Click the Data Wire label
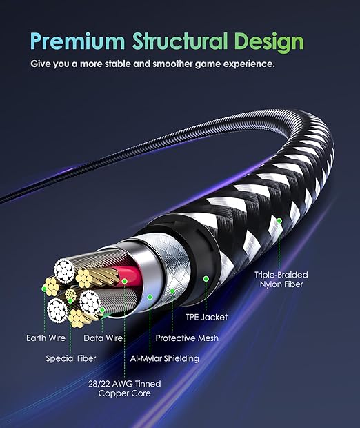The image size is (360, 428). click(103, 338)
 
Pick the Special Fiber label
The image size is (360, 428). click(71, 358)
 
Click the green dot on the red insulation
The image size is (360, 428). click(125, 281)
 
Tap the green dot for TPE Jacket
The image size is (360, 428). click(206, 279)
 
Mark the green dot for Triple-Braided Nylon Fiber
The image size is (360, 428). click(280, 222)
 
